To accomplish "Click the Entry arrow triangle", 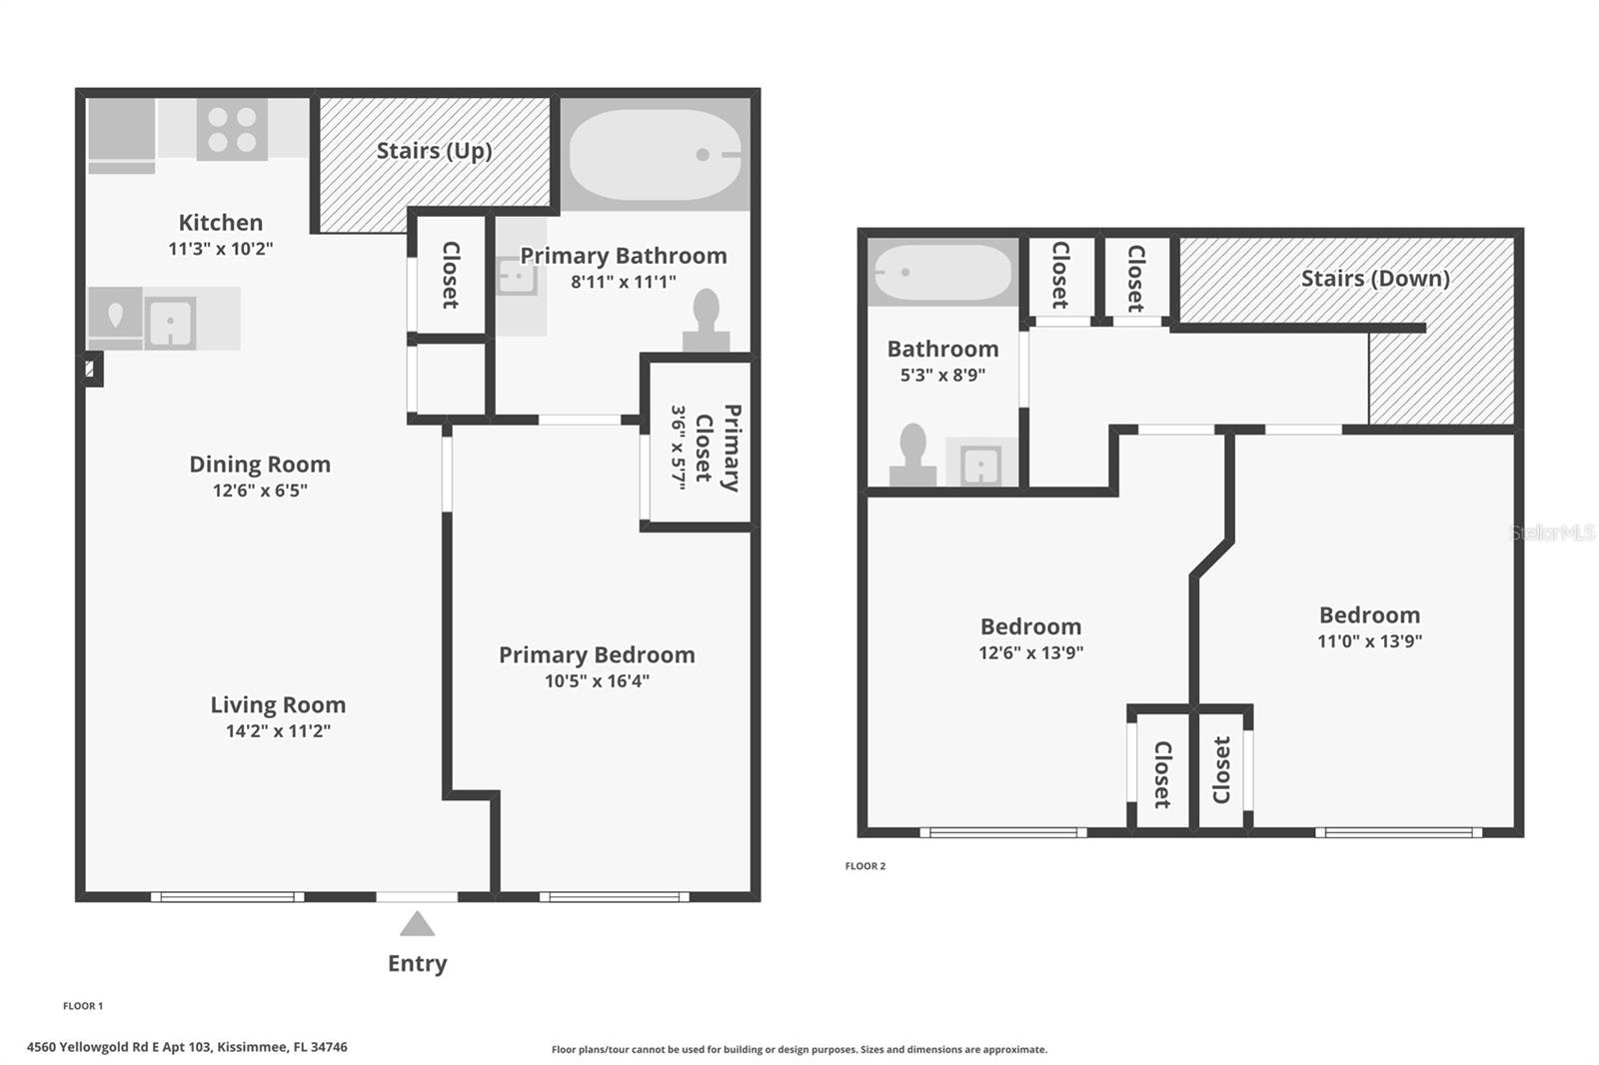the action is [x=417, y=924].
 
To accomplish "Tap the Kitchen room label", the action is [x=221, y=223].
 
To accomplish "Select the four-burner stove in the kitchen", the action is [x=232, y=129].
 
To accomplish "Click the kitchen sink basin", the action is [x=171, y=323].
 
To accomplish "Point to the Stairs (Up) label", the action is [x=434, y=151].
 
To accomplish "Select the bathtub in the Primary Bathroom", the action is [x=656, y=154].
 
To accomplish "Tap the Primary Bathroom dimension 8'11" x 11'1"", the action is [x=624, y=282].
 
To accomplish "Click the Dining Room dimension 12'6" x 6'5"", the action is [x=260, y=491].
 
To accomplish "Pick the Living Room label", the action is [x=278, y=704].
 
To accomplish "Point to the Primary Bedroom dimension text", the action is [x=597, y=681].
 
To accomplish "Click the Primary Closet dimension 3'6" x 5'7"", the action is [x=679, y=448].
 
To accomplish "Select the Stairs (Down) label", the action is [x=1375, y=279].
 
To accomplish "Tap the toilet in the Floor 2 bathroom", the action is [x=913, y=455].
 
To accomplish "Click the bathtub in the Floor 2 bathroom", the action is [x=943, y=272].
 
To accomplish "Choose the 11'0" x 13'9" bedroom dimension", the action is [x=1369, y=641].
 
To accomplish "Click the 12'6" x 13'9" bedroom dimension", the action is [x=1030, y=652].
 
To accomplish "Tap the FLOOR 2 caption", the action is [x=865, y=866].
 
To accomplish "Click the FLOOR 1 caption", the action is [x=83, y=1006].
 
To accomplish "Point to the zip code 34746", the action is [x=329, y=1047].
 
